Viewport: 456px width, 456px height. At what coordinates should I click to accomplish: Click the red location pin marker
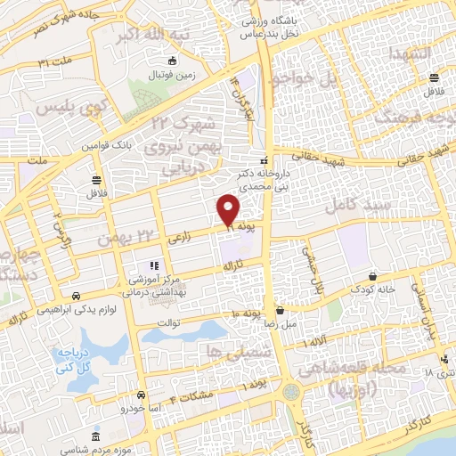[229, 210]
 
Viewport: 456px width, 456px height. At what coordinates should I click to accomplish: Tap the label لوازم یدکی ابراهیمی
[77, 307]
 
